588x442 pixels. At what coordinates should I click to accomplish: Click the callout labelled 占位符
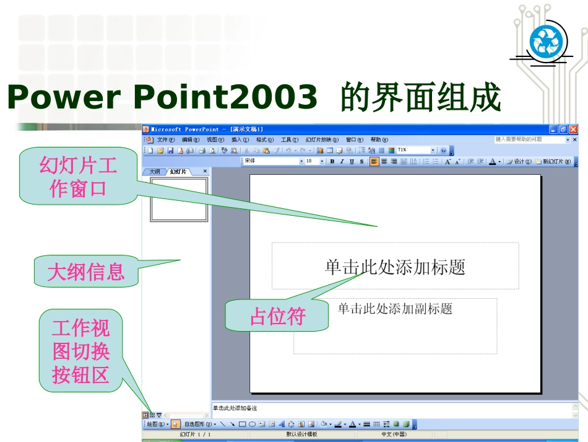click(277, 316)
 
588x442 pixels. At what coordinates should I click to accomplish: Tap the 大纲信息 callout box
click(85, 271)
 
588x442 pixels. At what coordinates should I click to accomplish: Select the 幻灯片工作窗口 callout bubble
click(78, 177)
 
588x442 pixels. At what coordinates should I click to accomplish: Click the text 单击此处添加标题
click(395, 267)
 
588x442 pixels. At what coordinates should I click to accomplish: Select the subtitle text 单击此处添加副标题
click(395, 309)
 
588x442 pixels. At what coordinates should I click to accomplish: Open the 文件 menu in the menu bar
click(166, 140)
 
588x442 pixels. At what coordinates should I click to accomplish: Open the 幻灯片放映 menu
click(322, 140)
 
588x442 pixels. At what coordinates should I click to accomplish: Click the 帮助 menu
click(379, 140)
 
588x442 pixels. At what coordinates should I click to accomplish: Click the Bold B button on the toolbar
click(332, 161)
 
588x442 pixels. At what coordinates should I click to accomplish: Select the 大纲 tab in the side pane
click(154, 172)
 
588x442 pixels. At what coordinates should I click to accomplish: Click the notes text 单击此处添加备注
click(235, 408)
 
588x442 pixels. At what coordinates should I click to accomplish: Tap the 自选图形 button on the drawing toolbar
click(199, 424)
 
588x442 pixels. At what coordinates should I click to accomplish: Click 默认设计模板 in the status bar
click(301, 435)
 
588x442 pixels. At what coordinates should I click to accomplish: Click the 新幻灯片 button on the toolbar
click(555, 161)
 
